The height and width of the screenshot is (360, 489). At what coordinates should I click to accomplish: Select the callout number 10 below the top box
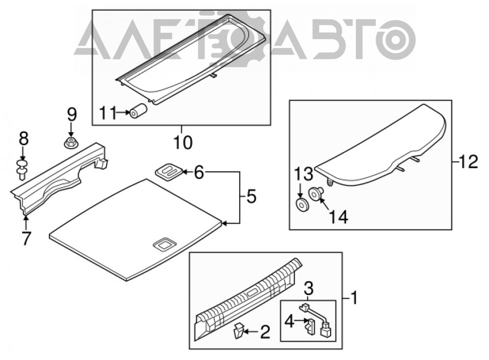[x=183, y=142]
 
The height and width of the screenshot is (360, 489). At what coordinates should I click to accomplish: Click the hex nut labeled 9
[x=71, y=144]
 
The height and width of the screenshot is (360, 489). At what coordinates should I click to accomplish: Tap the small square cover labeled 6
[x=169, y=171]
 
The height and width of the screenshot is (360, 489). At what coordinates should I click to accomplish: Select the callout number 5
[x=251, y=197]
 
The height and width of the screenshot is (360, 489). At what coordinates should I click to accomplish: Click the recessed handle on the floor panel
[x=164, y=243]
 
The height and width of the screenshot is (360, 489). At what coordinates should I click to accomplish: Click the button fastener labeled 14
[x=315, y=194]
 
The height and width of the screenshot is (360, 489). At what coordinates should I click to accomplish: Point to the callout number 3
[x=309, y=289]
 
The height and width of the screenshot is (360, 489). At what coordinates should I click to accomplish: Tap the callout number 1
[x=354, y=298]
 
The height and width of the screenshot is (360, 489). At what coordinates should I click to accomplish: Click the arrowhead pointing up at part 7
[x=25, y=218]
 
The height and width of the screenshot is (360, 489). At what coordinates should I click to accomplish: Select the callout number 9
[x=71, y=114]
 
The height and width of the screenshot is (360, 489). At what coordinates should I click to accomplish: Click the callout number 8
[x=23, y=138]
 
